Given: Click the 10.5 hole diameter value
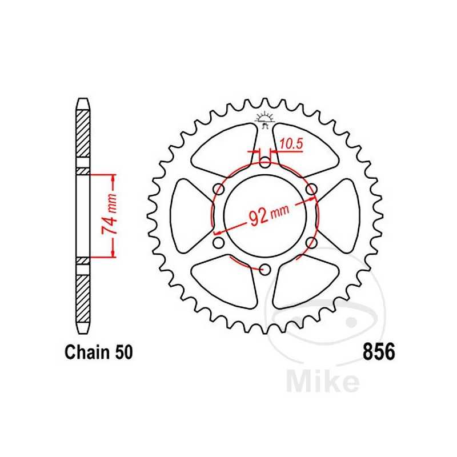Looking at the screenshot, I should tap(291, 145).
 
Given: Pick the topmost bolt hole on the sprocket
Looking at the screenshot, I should tap(264, 163).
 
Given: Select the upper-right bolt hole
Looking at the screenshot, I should tap(311, 189).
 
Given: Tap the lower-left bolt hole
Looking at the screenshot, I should tap(218, 243).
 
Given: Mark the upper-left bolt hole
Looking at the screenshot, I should tap(218, 189).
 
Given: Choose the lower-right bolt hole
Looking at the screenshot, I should tap(311, 243).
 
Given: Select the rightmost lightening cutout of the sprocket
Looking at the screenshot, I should tap(342, 215).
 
